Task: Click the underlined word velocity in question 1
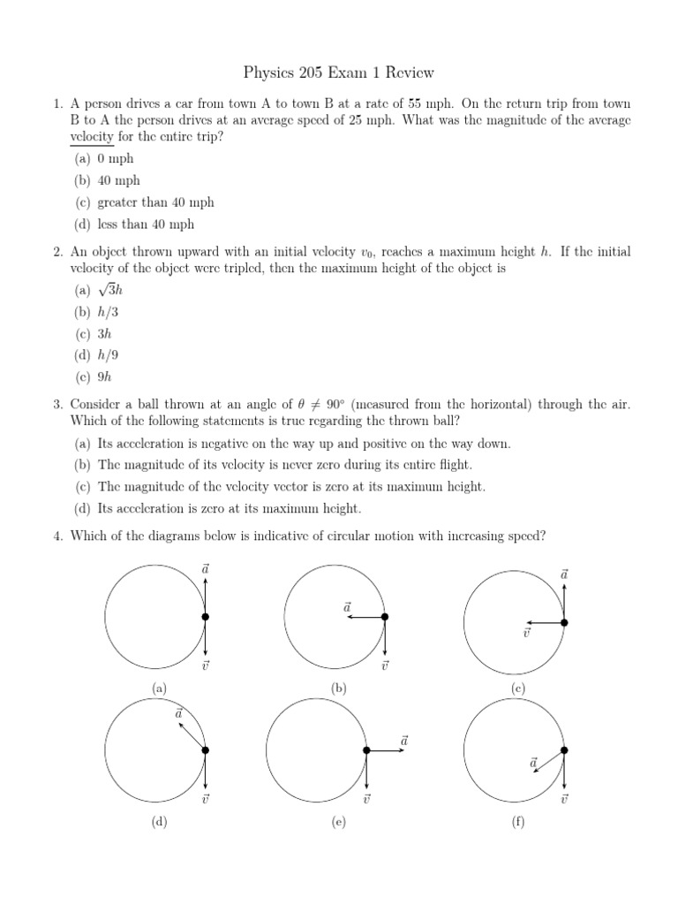94,136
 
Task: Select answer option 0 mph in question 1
116,158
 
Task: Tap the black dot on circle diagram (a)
205,617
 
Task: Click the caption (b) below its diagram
338,688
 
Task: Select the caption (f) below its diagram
518,821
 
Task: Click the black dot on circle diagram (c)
564,623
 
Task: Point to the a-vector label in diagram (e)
404,740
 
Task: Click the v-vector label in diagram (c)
526,634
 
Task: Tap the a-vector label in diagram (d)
179,712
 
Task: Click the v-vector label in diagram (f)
564,799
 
